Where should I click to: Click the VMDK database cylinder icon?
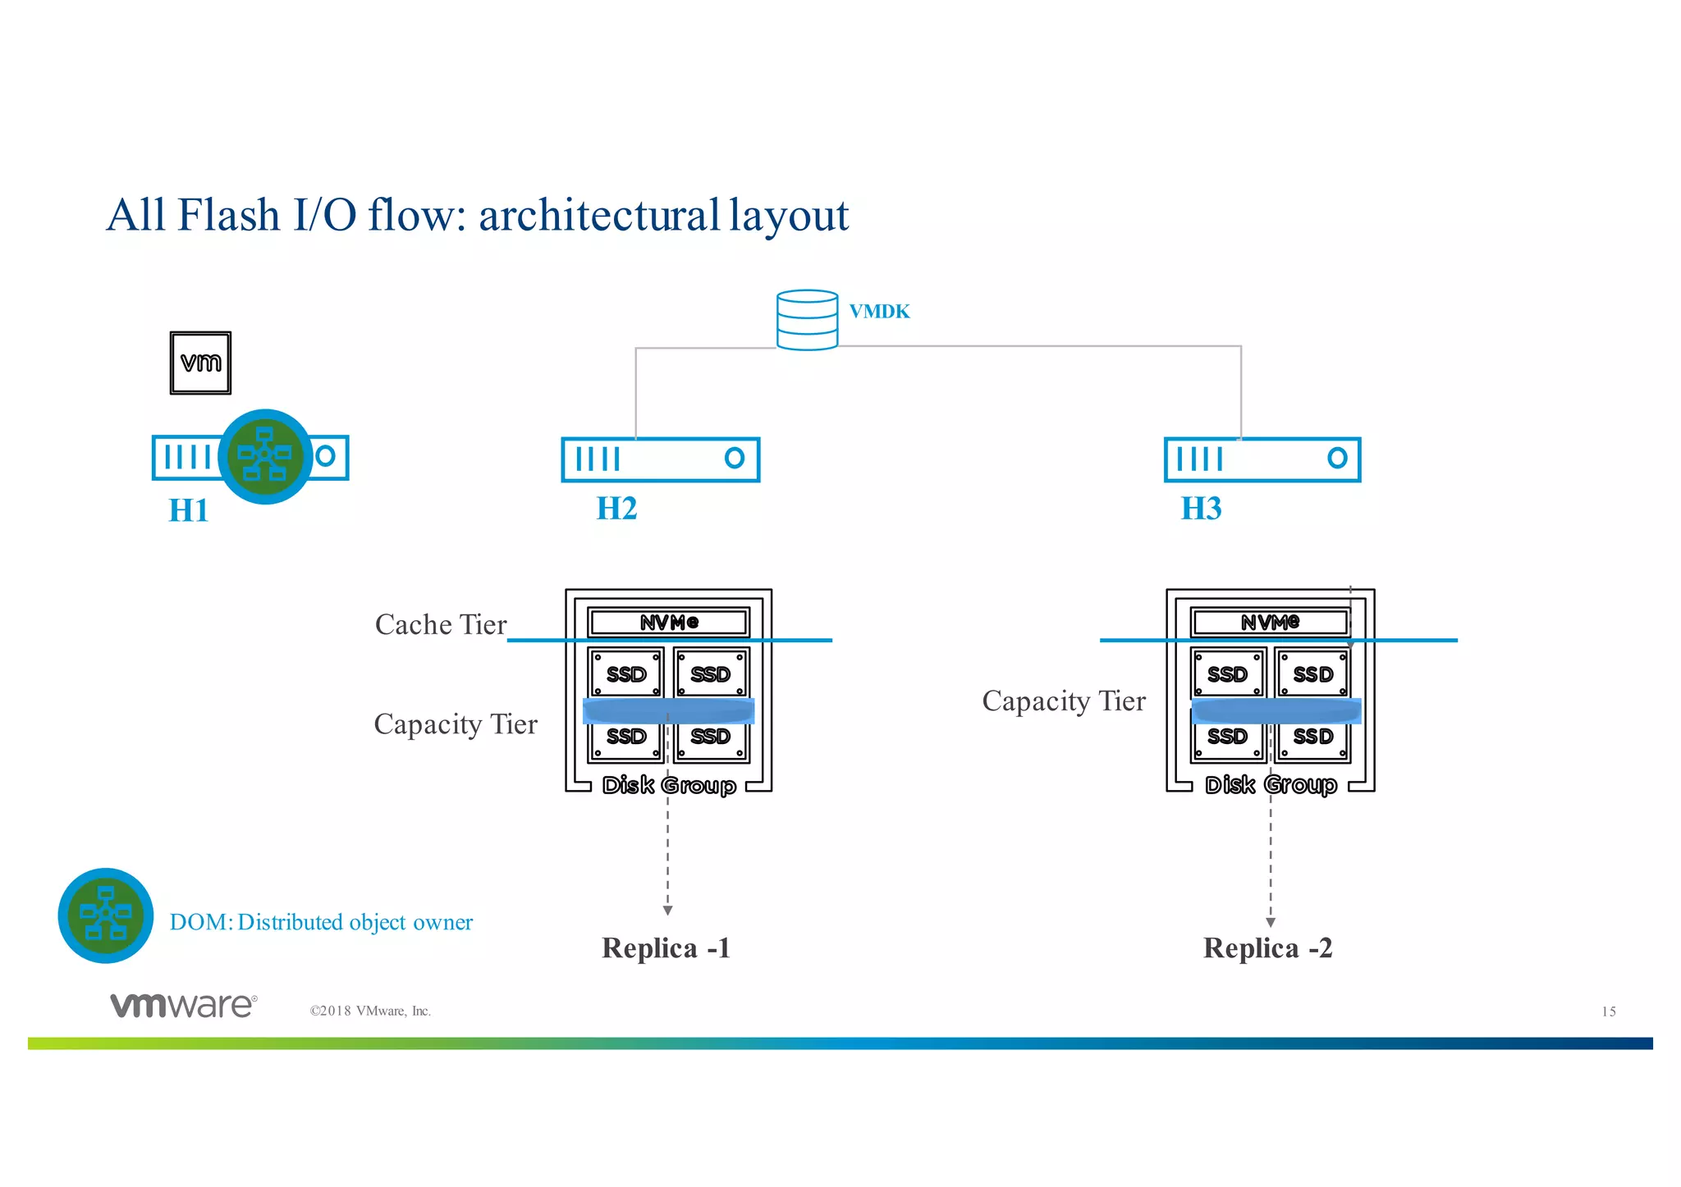coord(807,320)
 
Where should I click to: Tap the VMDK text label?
coord(879,312)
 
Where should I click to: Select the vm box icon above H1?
coord(200,363)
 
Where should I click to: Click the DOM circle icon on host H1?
coord(265,456)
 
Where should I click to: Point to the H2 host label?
coord(616,509)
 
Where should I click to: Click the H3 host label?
coord(1201,509)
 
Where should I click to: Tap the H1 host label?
coord(189,510)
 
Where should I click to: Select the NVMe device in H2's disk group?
coord(669,623)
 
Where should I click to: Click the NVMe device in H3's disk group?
coord(1270,623)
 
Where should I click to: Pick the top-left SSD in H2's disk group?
coord(626,673)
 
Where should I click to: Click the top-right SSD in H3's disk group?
coord(1312,673)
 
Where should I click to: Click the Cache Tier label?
coord(441,624)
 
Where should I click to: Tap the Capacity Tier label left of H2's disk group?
coord(456,724)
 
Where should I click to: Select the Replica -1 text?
coord(666,948)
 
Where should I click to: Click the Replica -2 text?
coord(1267,948)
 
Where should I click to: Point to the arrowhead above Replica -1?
coord(668,911)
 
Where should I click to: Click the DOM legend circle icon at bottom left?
coord(106,915)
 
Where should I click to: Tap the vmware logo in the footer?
coord(184,1005)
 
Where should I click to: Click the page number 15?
coord(1608,1011)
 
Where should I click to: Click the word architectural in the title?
coord(599,216)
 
